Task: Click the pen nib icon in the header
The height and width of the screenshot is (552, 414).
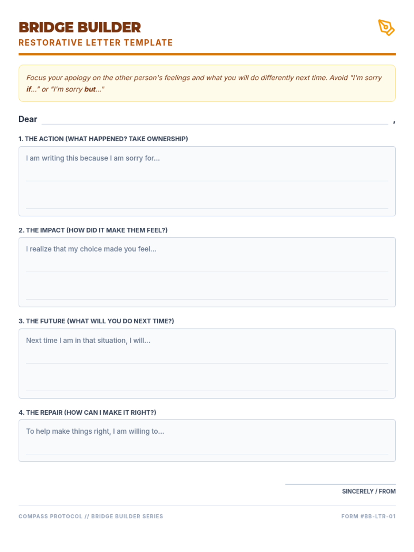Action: tap(386, 28)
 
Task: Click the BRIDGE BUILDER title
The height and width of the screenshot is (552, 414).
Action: tap(80, 28)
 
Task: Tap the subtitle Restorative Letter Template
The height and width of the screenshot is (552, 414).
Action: tap(96, 43)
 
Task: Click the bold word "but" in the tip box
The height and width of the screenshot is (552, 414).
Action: tap(90, 89)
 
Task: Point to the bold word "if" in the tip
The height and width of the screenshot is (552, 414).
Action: tap(29, 89)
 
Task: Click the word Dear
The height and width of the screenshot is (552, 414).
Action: tap(28, 119)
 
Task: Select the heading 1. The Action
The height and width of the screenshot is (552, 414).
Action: tap(103, 139)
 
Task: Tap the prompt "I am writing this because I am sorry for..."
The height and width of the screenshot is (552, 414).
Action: tap(93, 158)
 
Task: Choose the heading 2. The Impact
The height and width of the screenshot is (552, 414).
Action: tap(93, 230)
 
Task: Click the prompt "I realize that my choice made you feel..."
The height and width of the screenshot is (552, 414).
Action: tap(91, 249)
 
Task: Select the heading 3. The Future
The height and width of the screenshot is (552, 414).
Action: tap(96, 321)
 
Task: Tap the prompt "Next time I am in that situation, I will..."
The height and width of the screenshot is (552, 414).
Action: tap(88, 341)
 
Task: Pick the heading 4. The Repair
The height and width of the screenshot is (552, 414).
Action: tap(87, 413)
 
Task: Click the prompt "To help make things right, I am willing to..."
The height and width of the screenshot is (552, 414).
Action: tap(95, 431)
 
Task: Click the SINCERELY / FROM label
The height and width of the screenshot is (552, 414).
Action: tap(368, 491)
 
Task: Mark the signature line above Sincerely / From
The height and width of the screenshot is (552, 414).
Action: tap(340, 484)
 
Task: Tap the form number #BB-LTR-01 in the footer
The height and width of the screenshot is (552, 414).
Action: tap(368, 516)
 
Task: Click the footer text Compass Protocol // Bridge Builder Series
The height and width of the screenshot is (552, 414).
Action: tap(91, 516)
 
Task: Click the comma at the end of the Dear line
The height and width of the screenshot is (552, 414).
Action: tap(394, 122)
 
